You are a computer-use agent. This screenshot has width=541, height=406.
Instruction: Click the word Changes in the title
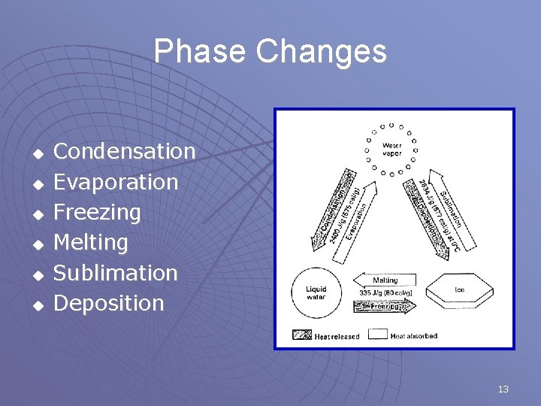click(x=322, y=52)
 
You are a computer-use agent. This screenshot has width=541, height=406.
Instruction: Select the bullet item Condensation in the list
click(x=125, y=151)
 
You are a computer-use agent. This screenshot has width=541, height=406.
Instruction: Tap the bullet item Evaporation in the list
click(x=116, y=182)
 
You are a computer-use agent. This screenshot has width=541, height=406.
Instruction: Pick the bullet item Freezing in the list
click(x=98, y=212)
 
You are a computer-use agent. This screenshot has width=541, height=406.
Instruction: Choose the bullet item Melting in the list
click(x=91, y=242)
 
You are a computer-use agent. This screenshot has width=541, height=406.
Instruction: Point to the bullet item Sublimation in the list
click(x=116, y=273)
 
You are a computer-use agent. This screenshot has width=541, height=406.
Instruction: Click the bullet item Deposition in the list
click(x=109, y=303)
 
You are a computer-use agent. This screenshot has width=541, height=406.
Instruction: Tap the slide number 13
click(x=503, y=389)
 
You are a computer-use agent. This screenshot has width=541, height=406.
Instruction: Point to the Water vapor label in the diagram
click(x=391, y=149)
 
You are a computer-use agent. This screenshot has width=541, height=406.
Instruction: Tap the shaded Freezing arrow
click(x=384, y=306)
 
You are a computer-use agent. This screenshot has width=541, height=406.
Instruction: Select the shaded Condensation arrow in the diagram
click(x=331, y=209)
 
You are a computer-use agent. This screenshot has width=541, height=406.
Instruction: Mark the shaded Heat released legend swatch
click(x=302, y=335)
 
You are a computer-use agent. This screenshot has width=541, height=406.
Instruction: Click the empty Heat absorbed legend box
click(x=379, y=335)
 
